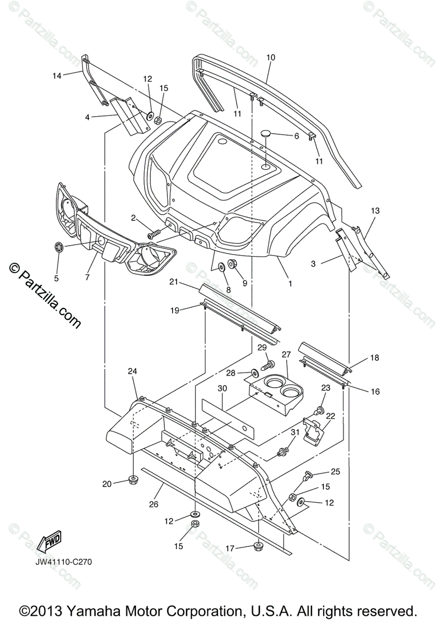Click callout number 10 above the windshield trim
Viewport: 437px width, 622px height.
click(x=271, y=58)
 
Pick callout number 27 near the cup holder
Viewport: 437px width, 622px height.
click(x=287, y=355)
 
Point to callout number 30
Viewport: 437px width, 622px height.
click(x=222, y=388)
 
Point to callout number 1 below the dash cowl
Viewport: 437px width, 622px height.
click(x=290, y=284)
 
